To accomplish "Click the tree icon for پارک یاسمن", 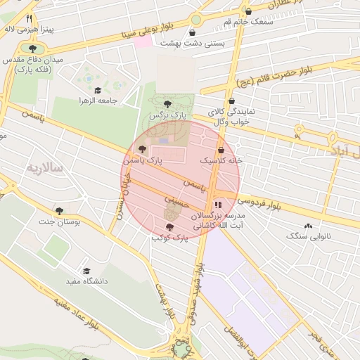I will coord(143,149).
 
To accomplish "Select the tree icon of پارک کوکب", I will coord(169,226).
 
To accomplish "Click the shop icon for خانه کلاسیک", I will coord(221,150).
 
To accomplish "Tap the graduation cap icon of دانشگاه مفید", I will coord(86,271).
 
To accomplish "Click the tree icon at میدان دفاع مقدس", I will coord(32,49).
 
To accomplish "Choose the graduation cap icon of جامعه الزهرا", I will coord(97,90).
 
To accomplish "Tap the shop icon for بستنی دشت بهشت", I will coord(193,32).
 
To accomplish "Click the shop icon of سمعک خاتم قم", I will coord(248,11).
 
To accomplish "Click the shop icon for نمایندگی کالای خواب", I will coord(231,101).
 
